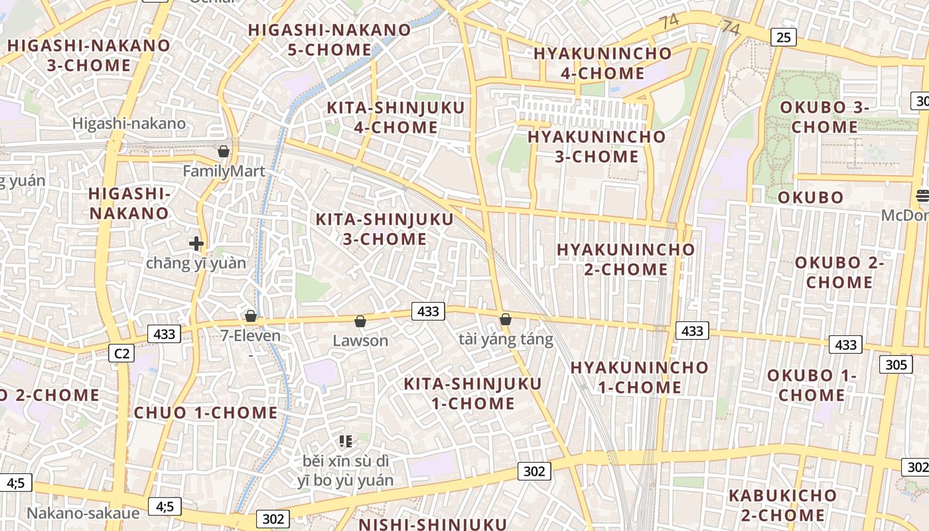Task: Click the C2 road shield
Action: tap(121, 353)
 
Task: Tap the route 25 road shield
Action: tap(784, 37)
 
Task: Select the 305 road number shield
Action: tap(895, 364)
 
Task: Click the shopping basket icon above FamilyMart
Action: tap(224, 151)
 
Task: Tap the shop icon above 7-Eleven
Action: tap(251, 315)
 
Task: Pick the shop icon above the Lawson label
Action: tap(360, 321)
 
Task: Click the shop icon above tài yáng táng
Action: tap(506, 319)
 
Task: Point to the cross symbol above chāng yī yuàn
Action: tap(196, 244)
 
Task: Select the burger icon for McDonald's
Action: tap(922, 196)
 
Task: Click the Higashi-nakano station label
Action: tap(129, 123)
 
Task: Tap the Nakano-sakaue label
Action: tap(83, 513)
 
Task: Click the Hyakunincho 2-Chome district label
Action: tap(626, 260)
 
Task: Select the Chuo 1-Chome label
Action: tap(206, 413)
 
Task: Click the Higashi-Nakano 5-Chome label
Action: tap(329, 40)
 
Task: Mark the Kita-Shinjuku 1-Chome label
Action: tap(472, 394)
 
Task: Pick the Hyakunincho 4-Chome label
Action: tap(603, 63)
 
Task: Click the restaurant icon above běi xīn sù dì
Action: tap(345, 441)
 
